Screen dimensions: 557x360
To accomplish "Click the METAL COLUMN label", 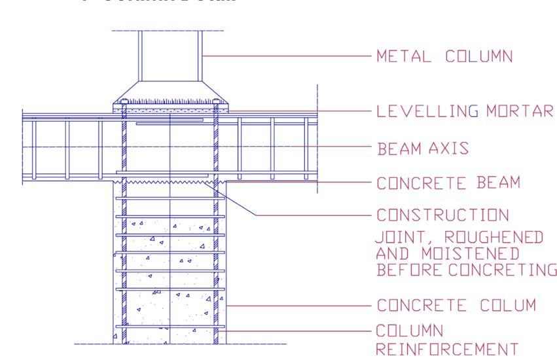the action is coord(444,57).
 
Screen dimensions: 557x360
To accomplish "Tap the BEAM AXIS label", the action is coord(423,148).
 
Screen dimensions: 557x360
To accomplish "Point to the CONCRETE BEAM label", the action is coord(448,183).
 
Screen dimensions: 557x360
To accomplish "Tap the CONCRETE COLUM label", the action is coord(457,305).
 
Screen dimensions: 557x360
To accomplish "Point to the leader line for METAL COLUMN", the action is coord(288,57).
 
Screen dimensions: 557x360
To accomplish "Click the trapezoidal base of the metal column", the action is coord(170,92).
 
